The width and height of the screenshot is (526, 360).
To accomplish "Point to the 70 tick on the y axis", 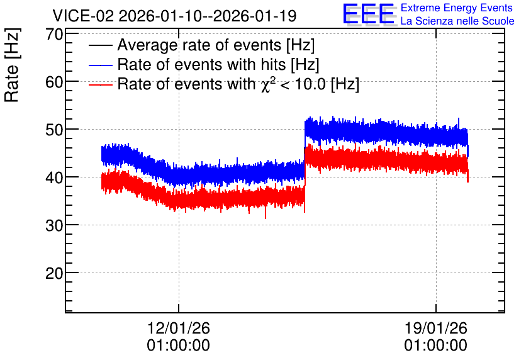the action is (55, 34).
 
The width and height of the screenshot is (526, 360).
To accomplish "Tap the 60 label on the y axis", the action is (55, 82).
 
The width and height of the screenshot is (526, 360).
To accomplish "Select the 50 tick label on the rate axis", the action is (55, 130).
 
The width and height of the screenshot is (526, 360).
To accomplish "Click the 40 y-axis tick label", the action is (55, 177).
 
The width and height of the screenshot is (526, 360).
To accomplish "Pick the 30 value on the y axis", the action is (55, 225).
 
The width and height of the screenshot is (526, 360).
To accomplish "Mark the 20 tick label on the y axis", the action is (55, 273).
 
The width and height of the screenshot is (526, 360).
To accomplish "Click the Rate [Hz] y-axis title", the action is (12, 65).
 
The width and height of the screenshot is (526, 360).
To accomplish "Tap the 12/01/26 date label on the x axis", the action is (179, 328).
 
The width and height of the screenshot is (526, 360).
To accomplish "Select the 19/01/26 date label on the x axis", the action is (436, 328).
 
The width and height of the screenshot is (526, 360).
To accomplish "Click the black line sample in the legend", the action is (101, 45).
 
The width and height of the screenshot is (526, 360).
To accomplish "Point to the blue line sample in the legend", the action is (101, 65).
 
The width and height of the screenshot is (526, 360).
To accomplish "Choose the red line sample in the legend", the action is (101, 84).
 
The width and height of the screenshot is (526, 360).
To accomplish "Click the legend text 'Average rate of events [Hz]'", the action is (216, 45).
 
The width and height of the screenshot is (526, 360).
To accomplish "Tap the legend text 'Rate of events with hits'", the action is (201, 64).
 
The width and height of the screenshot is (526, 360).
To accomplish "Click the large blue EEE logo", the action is (369, 14).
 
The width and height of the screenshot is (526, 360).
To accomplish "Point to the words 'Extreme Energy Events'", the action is (457, 8).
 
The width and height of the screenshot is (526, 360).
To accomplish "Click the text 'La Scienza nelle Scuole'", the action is (457, 21).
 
